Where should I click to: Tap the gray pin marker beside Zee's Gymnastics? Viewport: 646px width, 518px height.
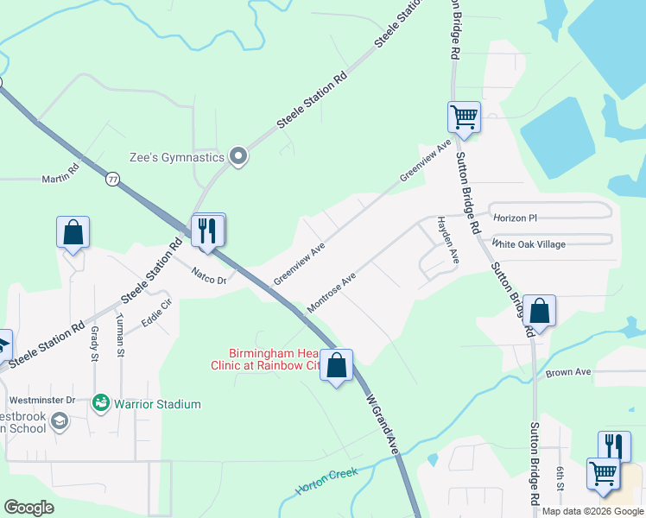[x=239, y=157]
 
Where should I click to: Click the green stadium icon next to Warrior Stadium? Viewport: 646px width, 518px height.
[x=102, y=403]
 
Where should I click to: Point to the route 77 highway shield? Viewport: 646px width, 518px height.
[x=112, y=179]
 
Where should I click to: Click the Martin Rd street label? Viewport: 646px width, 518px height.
[x=60, y=179]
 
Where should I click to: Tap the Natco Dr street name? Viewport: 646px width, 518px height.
[x=208, y=278]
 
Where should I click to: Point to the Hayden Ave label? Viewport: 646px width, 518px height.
[x=446, y=241]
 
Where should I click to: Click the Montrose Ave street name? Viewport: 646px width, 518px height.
[x=332, y=294]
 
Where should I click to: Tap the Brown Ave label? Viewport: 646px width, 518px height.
[x=568, y=372]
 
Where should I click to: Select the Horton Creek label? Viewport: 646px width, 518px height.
[x=326, y=481]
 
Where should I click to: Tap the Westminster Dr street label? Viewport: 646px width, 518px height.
[x=42, y=401]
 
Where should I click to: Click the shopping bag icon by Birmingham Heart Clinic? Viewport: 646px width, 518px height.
[x=337, y=365]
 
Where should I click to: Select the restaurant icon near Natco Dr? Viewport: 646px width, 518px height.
[x=208, y=231]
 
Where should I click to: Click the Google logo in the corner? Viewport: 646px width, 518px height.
[x=29, y=508]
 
